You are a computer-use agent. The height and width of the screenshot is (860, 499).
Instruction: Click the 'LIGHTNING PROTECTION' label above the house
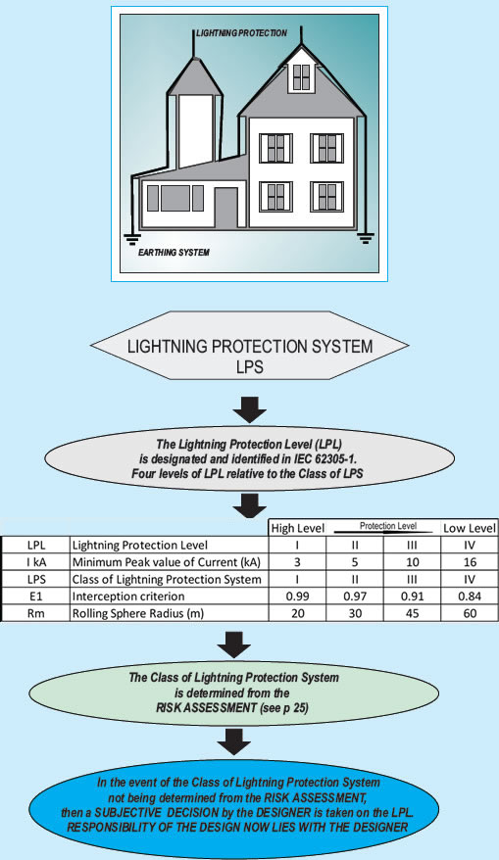click(x=241, y=33)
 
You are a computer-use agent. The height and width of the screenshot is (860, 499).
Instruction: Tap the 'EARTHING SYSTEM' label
click(x=175, y=253)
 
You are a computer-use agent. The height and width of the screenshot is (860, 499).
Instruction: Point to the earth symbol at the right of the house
click(x=366, y=237)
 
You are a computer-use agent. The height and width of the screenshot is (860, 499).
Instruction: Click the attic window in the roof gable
click(x=301, y=76)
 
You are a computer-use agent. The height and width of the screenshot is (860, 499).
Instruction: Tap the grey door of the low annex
click(x=225, y=208)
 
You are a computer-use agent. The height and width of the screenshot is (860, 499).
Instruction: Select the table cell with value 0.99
click(x=297, y=597)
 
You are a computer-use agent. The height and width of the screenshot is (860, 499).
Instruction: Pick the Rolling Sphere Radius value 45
click(x=412, y=613)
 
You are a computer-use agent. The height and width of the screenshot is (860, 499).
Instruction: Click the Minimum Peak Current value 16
click(x=470, y=562)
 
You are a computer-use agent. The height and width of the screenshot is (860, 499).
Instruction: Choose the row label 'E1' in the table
click(x=35, y=597)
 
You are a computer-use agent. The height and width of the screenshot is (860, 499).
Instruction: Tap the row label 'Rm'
click(x=35, y=613)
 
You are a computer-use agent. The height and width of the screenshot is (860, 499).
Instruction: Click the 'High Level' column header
click(x=297, y=528)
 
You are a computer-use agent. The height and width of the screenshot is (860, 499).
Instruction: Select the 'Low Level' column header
click(x=470, y=528)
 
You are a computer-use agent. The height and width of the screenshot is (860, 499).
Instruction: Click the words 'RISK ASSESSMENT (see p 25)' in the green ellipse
click(x=232, y=707)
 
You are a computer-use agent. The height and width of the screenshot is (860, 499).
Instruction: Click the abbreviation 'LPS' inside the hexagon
click(x=250, y=366)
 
